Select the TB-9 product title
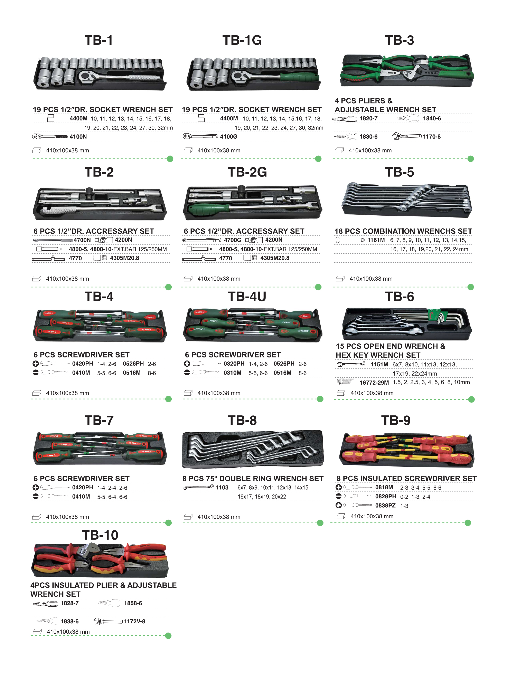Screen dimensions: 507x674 [395, 421]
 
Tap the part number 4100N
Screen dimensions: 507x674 [78, 136]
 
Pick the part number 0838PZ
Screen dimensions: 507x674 [385, 505]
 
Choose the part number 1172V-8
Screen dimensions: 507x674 [134, 621]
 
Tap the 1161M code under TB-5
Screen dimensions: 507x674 [376, 240]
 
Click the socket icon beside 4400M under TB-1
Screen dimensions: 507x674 [51, 118]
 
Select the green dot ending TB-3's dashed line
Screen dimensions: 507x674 [470, 159]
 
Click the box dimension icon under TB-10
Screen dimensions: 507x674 [37, 632]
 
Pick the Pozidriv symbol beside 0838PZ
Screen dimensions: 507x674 [338, 505]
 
